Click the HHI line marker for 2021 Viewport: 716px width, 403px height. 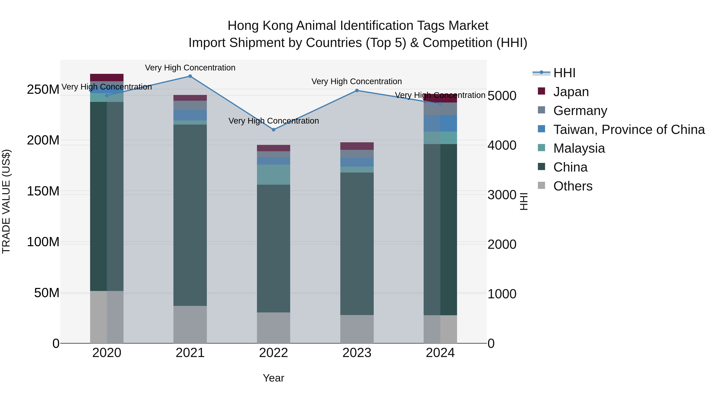190,76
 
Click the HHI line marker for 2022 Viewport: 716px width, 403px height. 273,130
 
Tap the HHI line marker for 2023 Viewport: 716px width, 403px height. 357,90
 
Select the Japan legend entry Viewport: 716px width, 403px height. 571,92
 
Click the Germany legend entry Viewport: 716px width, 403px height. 580,111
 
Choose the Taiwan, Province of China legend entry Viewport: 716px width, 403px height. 629,130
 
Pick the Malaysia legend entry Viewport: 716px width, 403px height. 579,148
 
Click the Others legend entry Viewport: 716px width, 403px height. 573,186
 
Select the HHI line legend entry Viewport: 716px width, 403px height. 564,73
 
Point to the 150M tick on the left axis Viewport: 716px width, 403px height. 43,191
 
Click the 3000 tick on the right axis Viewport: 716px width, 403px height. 502,195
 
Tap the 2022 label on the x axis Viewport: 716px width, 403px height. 273,353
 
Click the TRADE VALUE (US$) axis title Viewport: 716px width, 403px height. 6,201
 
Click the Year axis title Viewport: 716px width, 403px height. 273,378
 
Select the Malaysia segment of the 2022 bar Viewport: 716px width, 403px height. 273,175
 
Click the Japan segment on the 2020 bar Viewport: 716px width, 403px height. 107,78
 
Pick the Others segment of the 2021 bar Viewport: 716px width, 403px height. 190,324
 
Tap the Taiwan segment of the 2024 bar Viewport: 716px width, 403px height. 440,123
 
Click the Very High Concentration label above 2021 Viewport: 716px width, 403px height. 190,68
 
